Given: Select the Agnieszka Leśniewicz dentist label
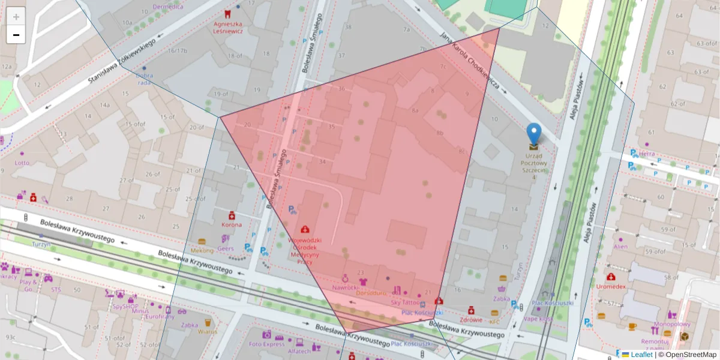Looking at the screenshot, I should tap(228, 28).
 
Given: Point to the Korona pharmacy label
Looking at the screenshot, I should tap(232, 224).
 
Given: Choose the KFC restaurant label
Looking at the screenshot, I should tap(494, 322).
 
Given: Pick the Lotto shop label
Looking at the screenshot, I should tap(22, 163).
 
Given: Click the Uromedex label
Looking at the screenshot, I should tap(611, 286).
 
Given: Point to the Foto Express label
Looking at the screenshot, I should tap(266, 344).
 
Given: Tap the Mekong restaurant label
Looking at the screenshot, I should tap(202, 250).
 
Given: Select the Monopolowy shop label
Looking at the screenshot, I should tap(671, 324).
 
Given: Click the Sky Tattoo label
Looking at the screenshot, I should tap(405, 302).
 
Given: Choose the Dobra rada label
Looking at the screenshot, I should tap(144, 79).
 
